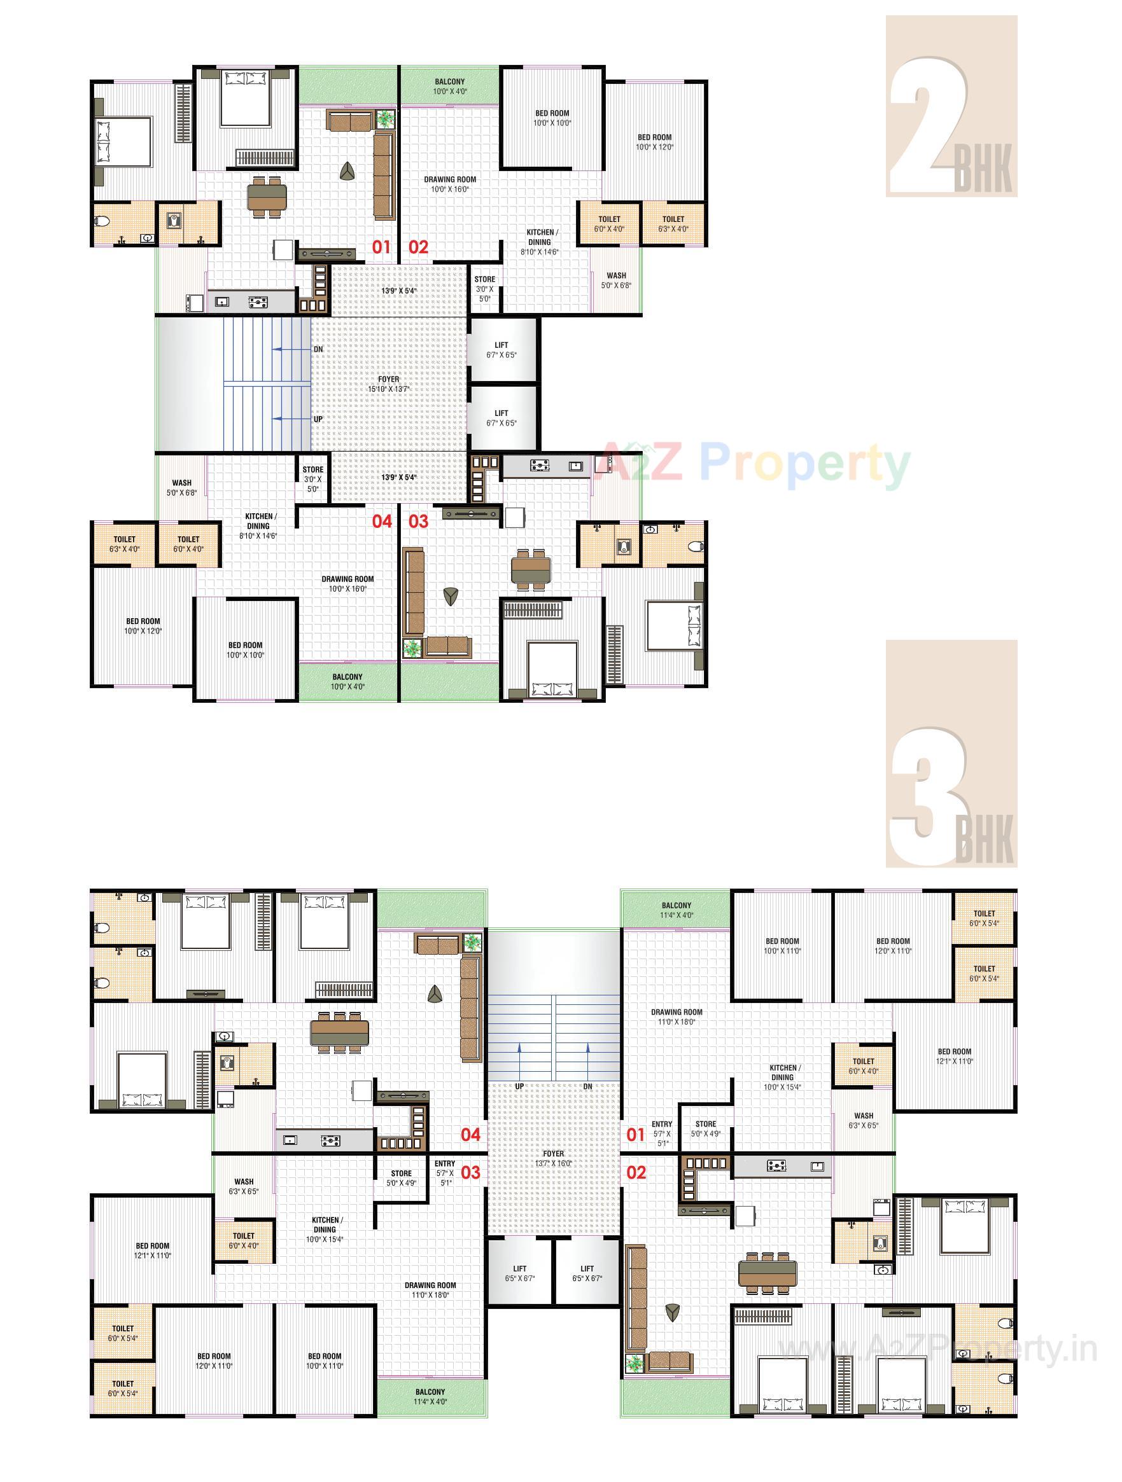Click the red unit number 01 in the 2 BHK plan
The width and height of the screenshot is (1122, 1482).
[381, 247]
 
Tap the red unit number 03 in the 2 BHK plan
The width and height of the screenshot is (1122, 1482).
[418, 522]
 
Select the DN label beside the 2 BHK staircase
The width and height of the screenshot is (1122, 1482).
[318, 350]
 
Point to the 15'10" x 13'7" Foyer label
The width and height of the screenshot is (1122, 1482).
[388, 384]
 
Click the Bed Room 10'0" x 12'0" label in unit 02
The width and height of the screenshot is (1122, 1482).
[654, 142]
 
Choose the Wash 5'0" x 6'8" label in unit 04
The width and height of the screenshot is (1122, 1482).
[181, 487]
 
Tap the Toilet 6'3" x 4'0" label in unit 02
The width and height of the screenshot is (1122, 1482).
[673, 224]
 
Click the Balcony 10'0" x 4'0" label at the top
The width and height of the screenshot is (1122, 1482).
[449, 86]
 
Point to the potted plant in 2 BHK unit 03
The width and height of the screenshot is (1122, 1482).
[412, 648]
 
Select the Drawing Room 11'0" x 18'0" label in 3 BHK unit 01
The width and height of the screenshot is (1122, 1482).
[677, 1017]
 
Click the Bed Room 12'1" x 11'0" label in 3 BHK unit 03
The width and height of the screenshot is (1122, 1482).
[152, 1251]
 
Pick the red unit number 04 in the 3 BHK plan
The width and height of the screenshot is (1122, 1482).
[470, 1134]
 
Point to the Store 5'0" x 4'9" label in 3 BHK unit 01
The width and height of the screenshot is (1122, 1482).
[706, 1129]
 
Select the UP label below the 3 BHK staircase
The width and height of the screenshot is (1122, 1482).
[519, 1086]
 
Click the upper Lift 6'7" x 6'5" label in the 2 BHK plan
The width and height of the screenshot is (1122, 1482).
[501, 350]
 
